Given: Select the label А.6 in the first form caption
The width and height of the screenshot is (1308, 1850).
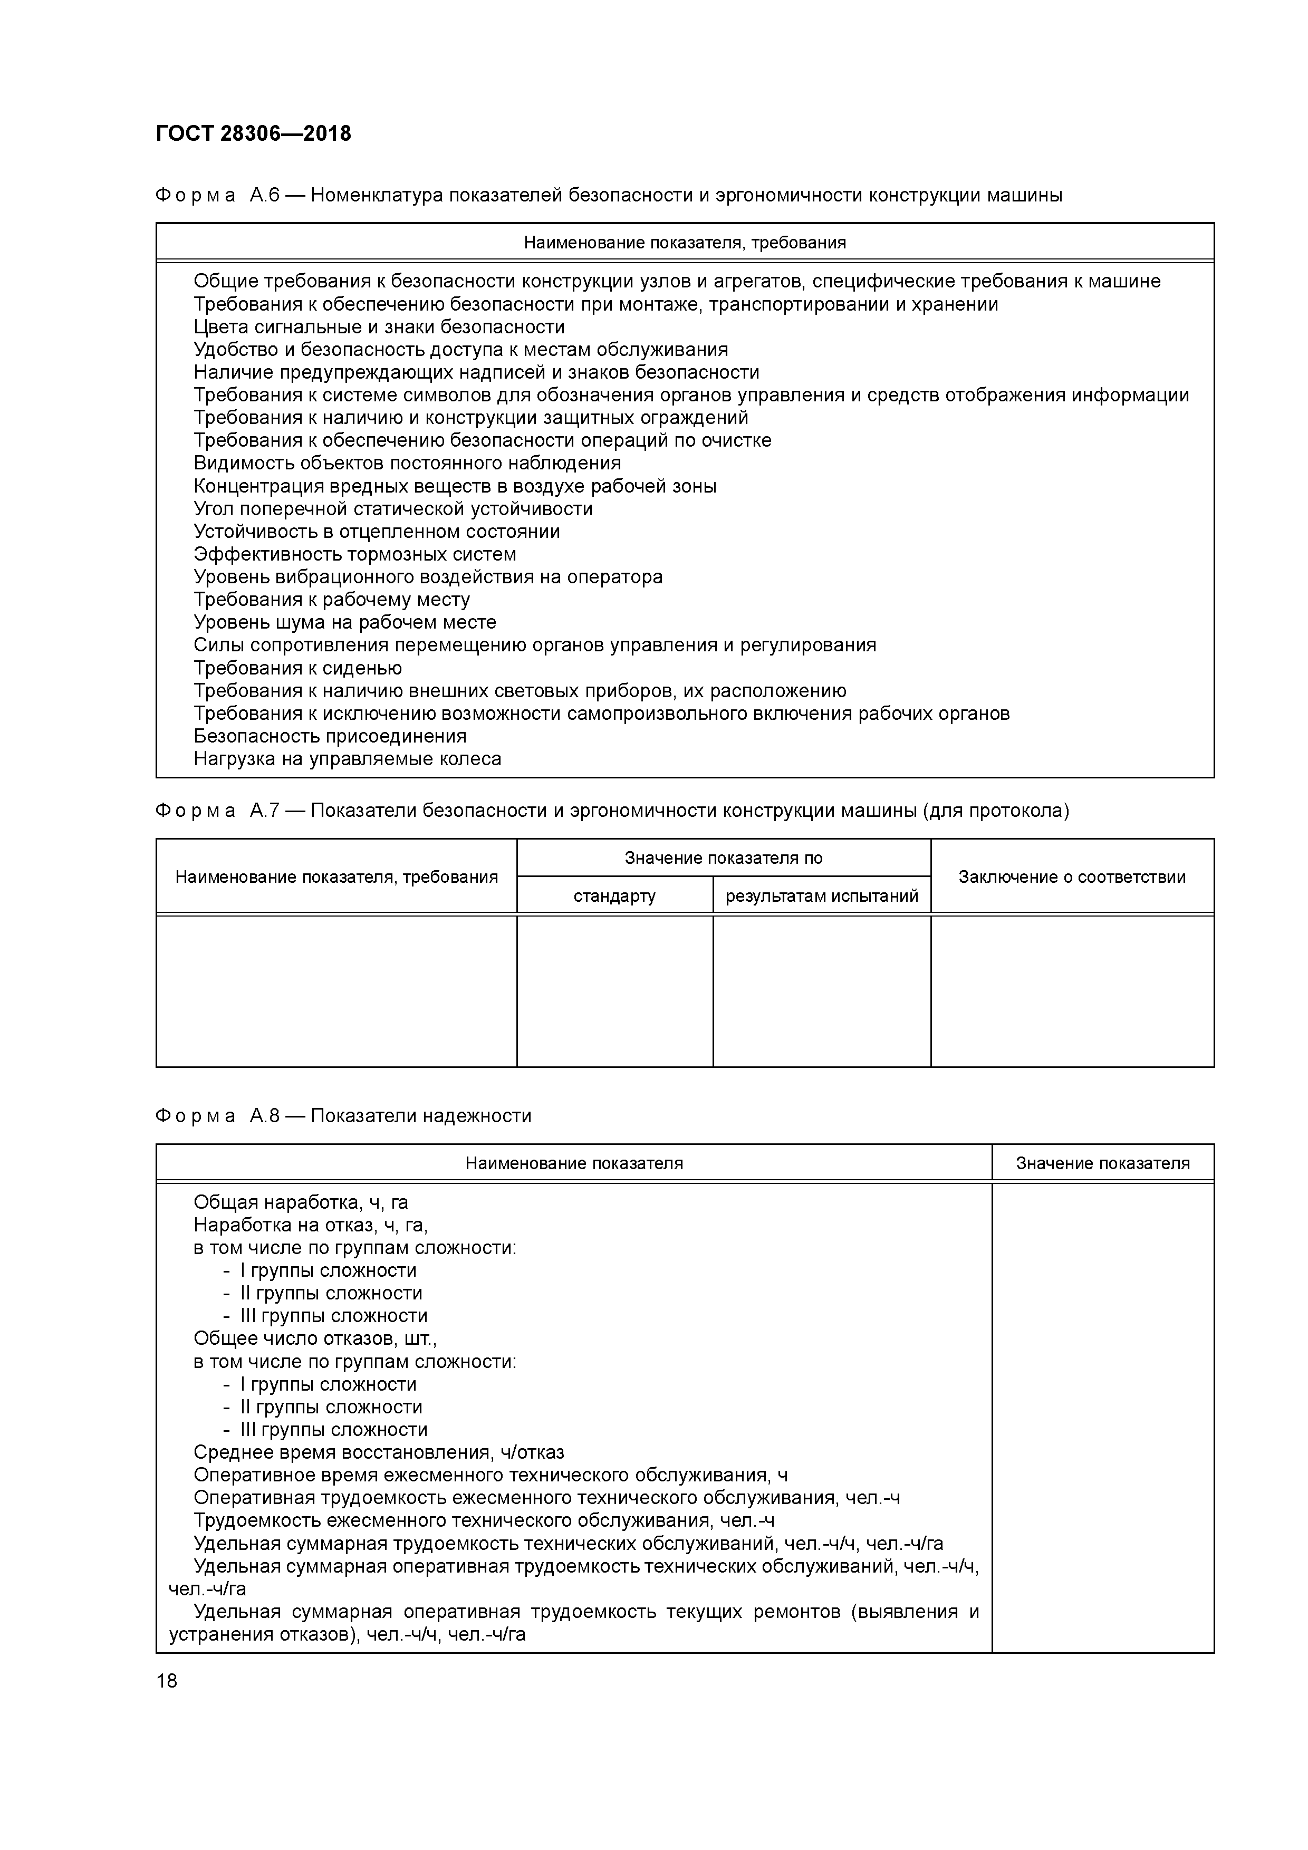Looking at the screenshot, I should (x=264, y=196).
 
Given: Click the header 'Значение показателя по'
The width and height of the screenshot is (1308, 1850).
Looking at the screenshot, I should (x=723, y=858).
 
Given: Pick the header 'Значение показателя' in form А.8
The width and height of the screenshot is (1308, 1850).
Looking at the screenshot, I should (x=1102, y=1163).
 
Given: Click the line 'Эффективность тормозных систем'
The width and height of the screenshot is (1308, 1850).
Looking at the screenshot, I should (x=354, y=554).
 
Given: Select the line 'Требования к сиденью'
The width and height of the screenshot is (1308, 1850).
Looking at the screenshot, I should (x=297, y=669).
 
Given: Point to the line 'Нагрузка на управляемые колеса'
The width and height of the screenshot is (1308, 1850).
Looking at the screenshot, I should (x=348, y=759).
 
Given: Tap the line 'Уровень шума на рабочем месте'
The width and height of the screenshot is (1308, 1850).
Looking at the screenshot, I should (x=345, y=623).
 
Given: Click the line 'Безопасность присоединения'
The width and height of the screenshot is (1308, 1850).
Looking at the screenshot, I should (x=330, y=736).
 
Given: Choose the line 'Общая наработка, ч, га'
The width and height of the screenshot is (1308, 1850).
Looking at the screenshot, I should (x=301, y=1203).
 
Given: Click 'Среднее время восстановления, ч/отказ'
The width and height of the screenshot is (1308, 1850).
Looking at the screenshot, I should (x=379, y=1453).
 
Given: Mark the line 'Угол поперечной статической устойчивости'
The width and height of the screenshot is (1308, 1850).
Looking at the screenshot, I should (x=393, y=509).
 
